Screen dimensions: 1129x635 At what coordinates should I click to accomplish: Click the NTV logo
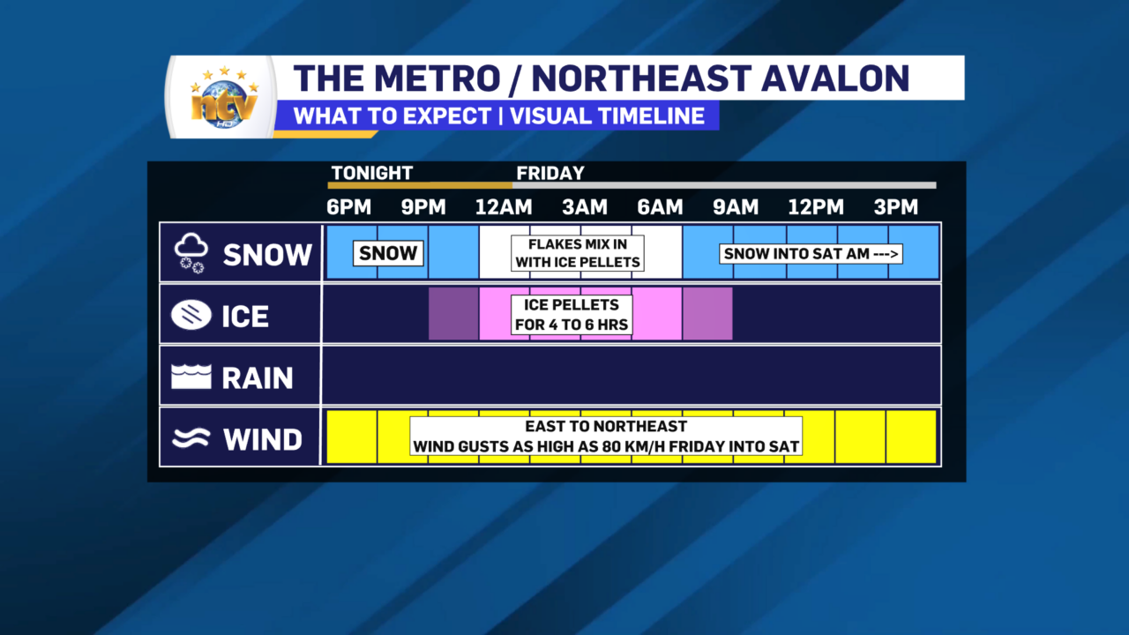click(224, 98)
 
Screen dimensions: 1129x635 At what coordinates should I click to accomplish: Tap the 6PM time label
click(348, 207)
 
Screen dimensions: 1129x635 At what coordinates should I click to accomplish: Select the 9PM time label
click(423, 207)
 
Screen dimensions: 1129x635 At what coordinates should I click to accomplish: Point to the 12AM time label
click(504, 207)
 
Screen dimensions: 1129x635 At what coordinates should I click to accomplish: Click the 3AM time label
click(585, 207)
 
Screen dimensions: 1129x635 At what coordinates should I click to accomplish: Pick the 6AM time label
click(660, 207)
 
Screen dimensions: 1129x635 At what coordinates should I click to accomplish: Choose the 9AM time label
click(736, 207)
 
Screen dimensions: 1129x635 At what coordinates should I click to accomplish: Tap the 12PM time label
click(816, 207)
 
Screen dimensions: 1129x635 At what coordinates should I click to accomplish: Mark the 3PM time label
click(895, 207)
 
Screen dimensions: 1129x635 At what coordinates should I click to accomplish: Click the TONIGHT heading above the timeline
click(372, 174)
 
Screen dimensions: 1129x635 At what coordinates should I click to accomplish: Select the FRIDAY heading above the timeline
click(550, 174)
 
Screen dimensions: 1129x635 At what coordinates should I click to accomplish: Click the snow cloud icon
click(191, 253)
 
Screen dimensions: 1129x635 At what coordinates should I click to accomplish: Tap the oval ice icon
click(191, 315)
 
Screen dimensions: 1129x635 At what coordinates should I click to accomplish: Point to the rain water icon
click(191, 377)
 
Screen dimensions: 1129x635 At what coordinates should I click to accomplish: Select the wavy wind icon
click(191, 438)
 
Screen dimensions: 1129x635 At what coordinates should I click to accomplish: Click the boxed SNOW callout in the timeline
click(388, 253)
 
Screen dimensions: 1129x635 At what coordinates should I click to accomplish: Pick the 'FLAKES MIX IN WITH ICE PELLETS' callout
click(578, 253)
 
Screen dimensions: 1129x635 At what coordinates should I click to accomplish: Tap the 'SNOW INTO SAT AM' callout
click(811, 253)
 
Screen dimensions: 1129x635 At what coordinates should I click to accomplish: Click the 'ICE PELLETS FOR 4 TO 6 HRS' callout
click(572, 315)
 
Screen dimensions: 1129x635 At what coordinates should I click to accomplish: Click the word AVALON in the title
click(835, 78)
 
